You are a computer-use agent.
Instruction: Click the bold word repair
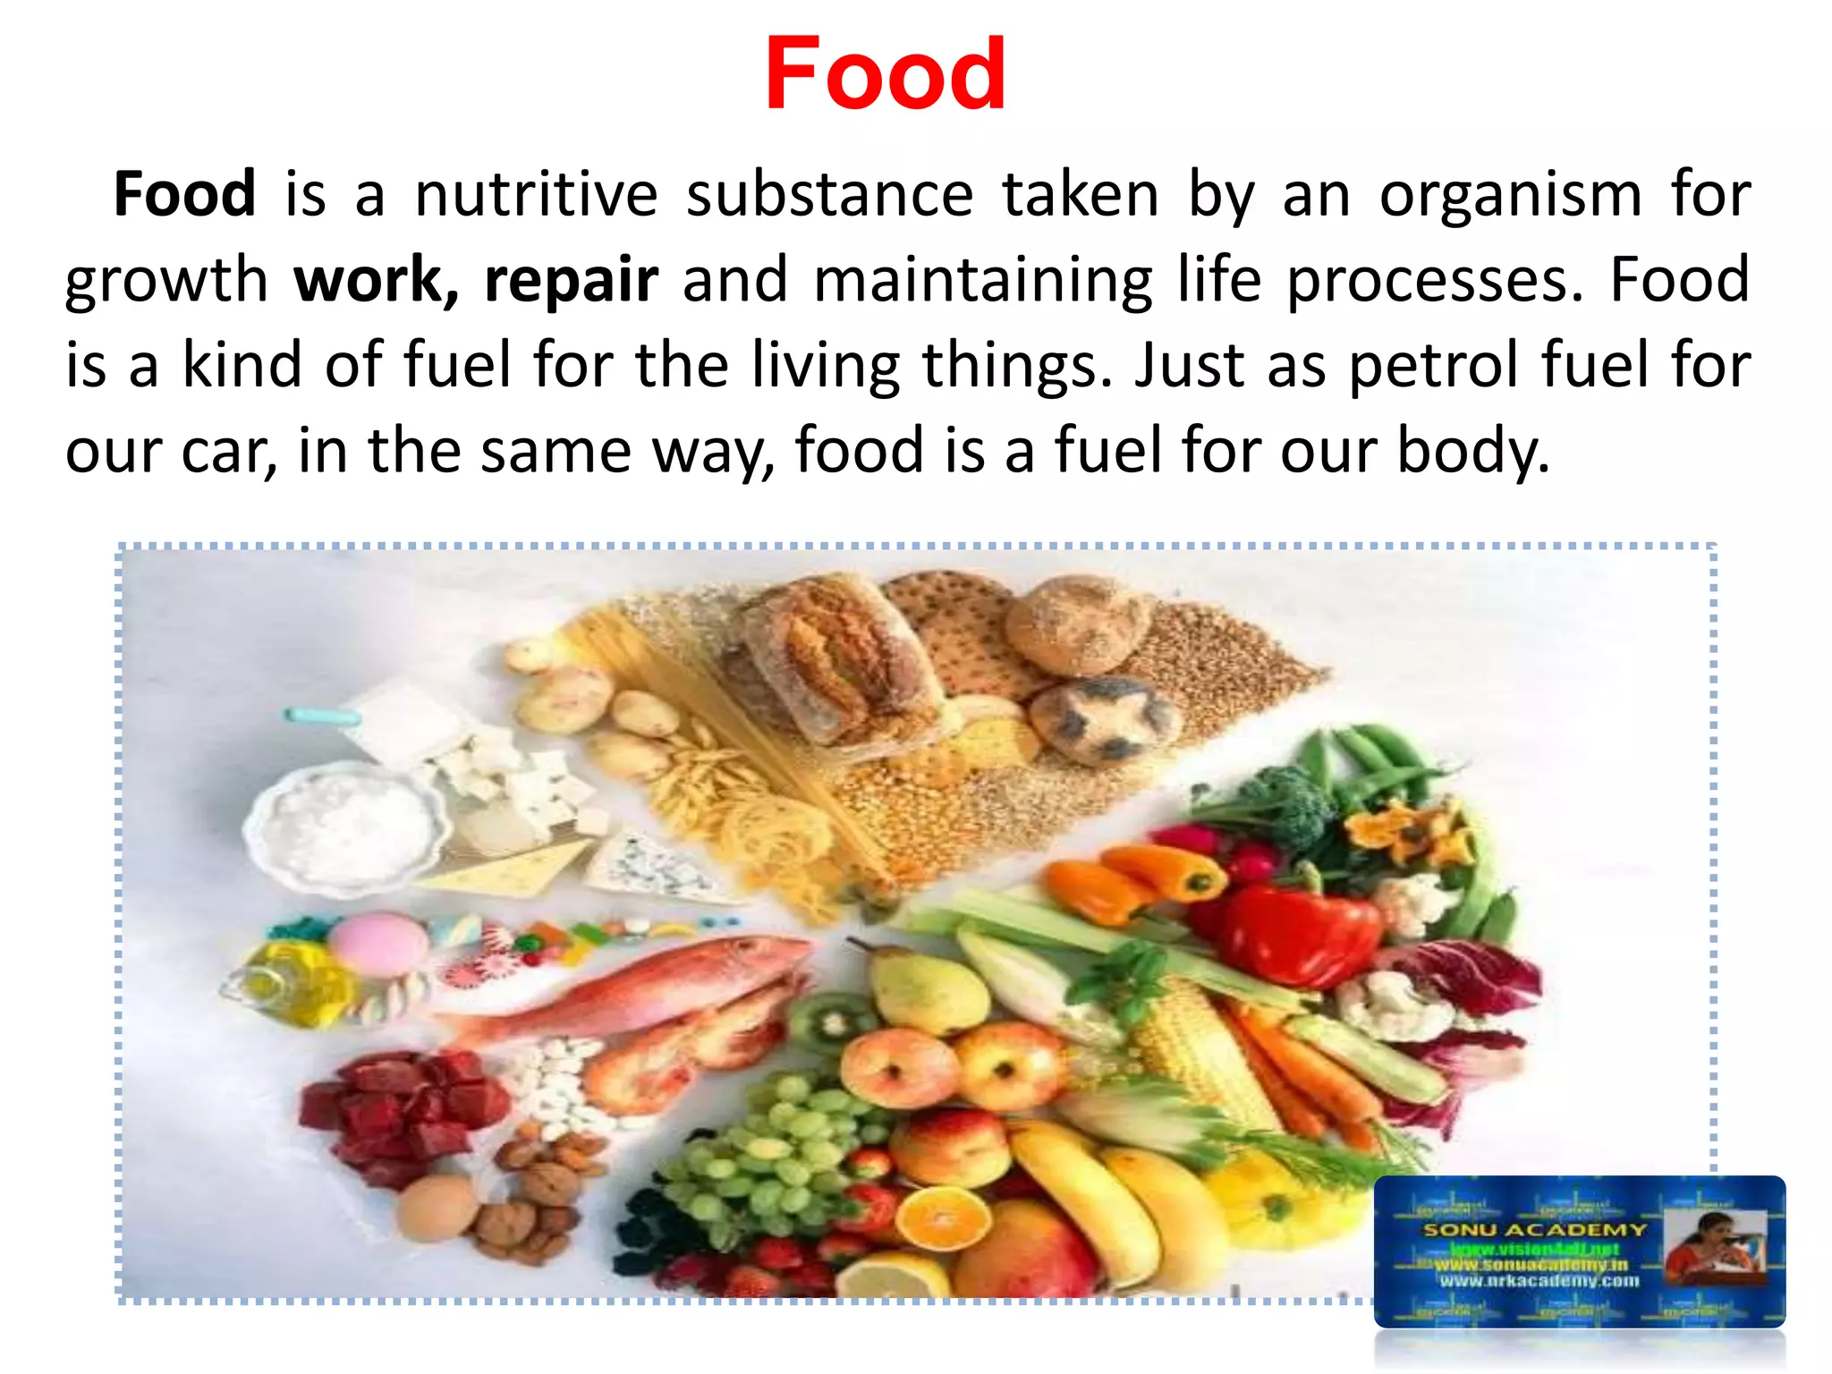point(571,281)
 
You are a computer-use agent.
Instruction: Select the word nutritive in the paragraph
point(536,194)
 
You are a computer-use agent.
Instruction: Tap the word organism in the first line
point(1510,194)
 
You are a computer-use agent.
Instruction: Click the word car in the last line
point(227,450)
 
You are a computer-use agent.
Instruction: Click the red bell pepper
point(1297,930)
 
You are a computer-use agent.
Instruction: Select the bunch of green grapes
point(769,1154)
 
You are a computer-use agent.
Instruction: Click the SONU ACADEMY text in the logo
point(1533,1230)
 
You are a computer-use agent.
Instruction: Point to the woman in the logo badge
point(1713,1252)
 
